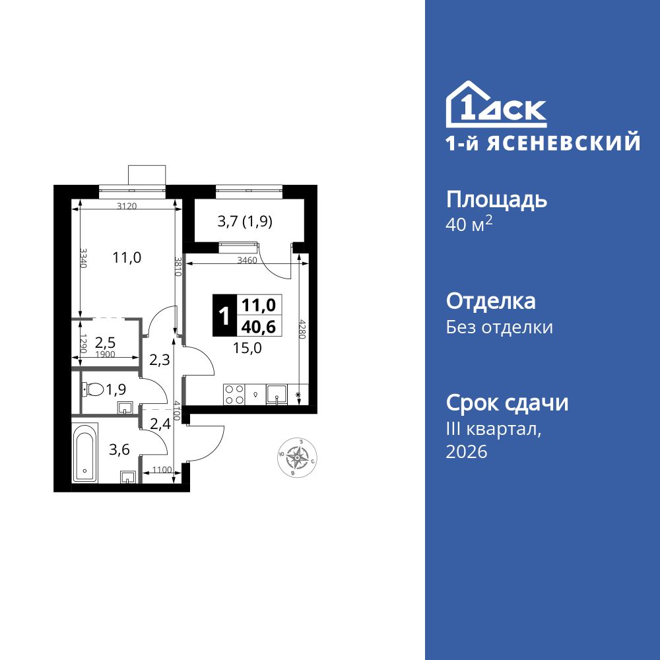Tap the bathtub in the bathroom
[x=84, y=453]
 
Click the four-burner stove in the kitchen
[x=233, y=394]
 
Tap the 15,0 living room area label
[x=247, y=348]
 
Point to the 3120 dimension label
[x=127, y=206]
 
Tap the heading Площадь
[x=496, y=199]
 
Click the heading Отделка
[x=490, y=302]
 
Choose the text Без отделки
[x=499, y=327]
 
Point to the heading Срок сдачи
[x=507, y=403]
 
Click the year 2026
[x=467, y=452]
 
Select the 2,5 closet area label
[x=106, y=342]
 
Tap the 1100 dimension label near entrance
[x=162, y=470]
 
